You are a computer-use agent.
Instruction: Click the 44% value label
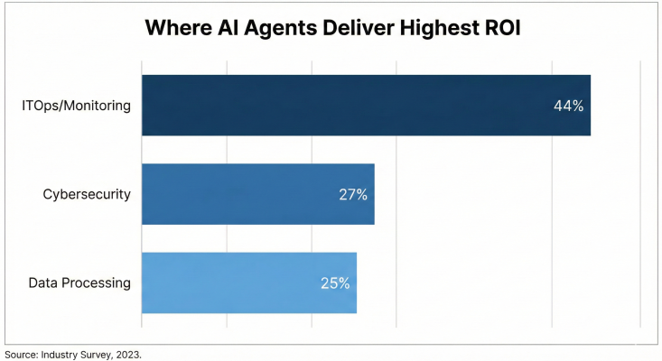569,106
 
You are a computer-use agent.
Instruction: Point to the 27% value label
352,194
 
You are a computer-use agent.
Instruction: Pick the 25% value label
335,282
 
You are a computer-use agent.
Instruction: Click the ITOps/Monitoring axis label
77,106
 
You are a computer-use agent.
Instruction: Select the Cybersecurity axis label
88,194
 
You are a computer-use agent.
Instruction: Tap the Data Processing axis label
79,282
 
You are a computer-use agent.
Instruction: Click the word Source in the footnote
19,354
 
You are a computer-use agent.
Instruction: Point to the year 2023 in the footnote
127,354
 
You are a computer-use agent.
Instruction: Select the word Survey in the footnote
94,354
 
